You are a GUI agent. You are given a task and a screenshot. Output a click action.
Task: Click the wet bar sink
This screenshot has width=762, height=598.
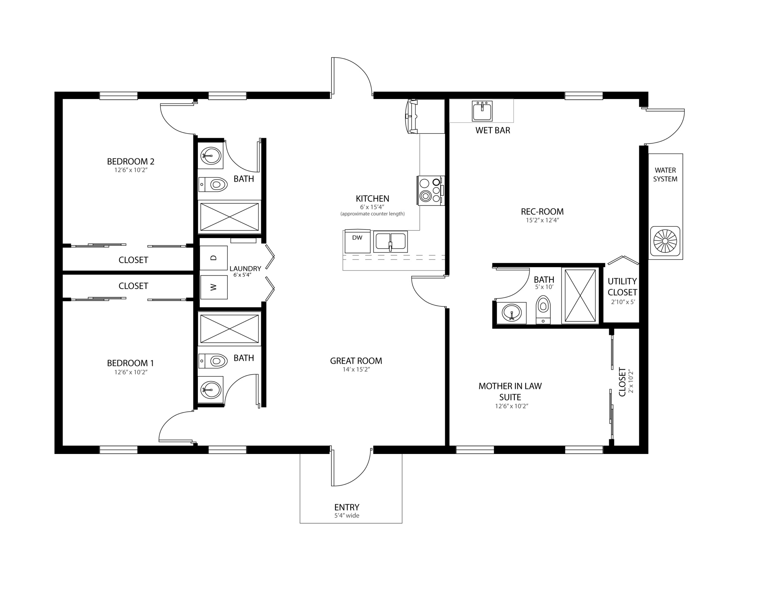[482, 111]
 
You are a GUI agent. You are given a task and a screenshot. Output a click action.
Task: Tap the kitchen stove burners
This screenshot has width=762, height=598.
[431, 190]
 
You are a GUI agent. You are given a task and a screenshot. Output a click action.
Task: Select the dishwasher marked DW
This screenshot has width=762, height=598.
[357, 241]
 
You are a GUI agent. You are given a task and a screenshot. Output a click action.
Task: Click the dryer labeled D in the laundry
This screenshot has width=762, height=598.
[214, 258]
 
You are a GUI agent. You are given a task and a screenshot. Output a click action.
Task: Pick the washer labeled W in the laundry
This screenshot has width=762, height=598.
[214, 287]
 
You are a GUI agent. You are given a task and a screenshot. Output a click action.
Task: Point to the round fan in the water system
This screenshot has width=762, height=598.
[665, 241]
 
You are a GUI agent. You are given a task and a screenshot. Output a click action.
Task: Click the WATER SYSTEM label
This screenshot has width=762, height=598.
[665, 174]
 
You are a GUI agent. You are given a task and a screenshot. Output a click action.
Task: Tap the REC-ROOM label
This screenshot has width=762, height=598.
[542, 212]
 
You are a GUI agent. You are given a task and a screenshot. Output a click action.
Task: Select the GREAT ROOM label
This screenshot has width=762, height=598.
[356, 361]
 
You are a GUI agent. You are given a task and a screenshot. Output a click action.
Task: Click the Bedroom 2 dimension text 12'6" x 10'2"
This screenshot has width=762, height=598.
[131, 170]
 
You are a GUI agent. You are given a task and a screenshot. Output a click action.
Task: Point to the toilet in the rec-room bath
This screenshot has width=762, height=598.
[543, 309]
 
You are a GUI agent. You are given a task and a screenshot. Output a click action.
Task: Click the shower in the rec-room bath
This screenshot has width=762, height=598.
[580, 295]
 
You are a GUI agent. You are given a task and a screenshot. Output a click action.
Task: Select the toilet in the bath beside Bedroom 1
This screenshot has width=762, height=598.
[213, 361]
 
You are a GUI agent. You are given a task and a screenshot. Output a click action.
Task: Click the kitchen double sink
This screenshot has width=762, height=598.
[391, 241]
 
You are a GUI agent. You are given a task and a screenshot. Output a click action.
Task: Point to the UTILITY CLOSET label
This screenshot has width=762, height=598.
[622, 287]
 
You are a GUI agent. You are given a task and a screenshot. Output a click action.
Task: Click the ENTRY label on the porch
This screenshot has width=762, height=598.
[347, 507]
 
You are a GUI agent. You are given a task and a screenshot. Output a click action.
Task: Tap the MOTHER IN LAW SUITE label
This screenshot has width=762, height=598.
[510, 392]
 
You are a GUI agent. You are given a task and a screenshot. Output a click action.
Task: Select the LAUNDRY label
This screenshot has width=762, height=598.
[245, 269]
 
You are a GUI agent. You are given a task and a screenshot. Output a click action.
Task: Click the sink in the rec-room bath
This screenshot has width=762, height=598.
[512, 313]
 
